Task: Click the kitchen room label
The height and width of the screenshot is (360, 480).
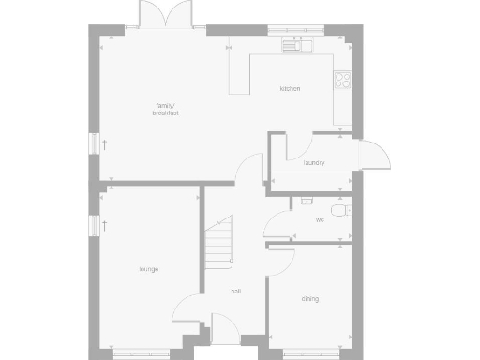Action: point(290,89)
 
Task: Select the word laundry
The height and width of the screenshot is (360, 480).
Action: point(314,163)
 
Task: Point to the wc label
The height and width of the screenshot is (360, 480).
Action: point(320,220)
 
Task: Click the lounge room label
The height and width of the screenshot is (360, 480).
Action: point(148,269)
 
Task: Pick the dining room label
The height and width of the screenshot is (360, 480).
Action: point(310,299)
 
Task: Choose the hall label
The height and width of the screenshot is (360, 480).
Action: point(237,292)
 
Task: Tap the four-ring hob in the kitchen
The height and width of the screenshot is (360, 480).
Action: point(343,81)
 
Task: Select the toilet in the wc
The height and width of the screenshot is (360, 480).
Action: point(343,210)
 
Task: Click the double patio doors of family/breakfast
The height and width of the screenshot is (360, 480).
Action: point(157,16)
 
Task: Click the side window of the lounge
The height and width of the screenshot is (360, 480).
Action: point(95,226)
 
